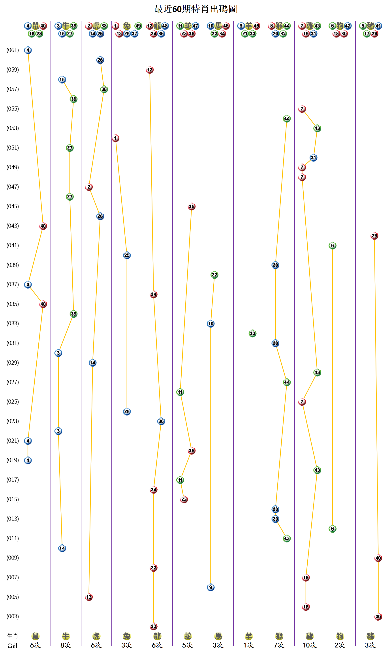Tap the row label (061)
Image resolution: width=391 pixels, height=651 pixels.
[x=13, y=50]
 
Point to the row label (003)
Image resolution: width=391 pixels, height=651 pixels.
[x=13, y=616]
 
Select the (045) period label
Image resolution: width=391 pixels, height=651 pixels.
[x=13, y=206]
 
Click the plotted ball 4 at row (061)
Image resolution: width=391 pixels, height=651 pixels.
[x=28, y=50]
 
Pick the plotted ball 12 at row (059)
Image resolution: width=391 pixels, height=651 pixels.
[x=150, y=70]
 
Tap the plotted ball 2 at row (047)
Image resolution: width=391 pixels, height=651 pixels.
[x=89, y=187]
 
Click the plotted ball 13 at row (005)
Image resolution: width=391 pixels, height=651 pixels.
[x=89, y=597]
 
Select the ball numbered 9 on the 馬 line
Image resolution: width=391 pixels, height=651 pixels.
[x=211, y=587]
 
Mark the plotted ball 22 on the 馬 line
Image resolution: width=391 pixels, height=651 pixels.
[x=214, y=275]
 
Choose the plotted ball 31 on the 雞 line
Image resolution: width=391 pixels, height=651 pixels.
[x=313, y=158]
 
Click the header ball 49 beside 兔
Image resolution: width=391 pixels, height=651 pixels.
[x=138, y=26]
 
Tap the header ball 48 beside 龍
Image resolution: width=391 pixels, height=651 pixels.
[x=165, y=26]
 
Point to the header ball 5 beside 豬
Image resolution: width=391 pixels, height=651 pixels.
[x=363, y=26]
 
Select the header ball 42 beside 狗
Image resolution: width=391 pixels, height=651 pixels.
[x=348, y=26]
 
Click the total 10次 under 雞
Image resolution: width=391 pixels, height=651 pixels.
[x=309, y=645]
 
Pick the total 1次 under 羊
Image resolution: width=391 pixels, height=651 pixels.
[x=248, y=645]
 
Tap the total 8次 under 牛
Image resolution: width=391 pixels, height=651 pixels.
[x=66, y=645]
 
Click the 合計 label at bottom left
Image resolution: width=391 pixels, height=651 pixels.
[x=13, y=645]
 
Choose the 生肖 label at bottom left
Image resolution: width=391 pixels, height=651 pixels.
[x=13, y=636]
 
